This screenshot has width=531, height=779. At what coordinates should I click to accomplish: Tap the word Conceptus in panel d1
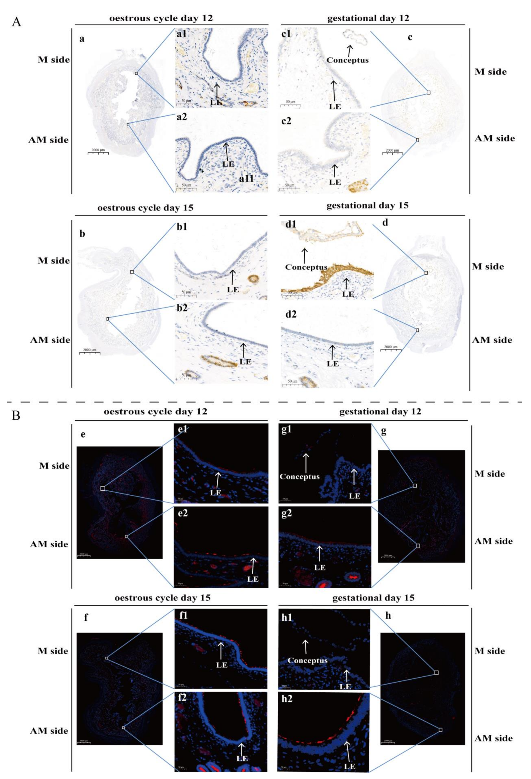pos(306,267)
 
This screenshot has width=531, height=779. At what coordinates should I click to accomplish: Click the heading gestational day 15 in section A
pos(367,205)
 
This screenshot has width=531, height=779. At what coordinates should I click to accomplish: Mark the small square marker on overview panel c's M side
pos(428,92)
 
